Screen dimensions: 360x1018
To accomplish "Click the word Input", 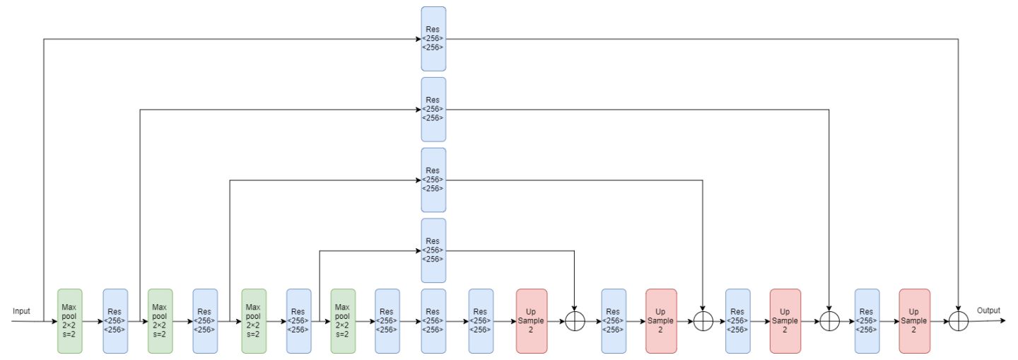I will (21, 311).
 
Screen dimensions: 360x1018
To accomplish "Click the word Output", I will (988, 310).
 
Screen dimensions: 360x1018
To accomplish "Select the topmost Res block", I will (433, 39).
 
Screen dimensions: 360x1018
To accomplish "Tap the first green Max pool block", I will (70, 321).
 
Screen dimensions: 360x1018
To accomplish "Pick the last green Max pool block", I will (343, 321).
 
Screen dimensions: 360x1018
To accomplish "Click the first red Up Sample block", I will (532, 321).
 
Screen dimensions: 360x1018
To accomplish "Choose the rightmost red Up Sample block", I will (914, 321).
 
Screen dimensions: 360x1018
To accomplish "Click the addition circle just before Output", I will (958, 321).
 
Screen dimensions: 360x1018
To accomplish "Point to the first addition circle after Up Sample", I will (575, 321).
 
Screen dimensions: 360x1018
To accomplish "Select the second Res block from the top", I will (433, 109).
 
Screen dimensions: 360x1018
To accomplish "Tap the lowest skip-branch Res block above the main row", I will (433, 250).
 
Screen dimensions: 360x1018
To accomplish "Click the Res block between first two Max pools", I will (115, 321).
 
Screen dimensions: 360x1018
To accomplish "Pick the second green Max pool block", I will (160, 321).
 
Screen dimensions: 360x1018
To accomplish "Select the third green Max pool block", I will (254, 321).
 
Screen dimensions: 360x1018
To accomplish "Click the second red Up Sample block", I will (661, 321).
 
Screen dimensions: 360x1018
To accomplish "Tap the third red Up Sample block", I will (785, 321).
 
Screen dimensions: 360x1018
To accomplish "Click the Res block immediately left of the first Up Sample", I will (481, 321).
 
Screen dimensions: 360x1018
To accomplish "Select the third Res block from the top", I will (433, 180).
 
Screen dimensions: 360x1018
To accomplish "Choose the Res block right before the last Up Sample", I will (867, 321).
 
